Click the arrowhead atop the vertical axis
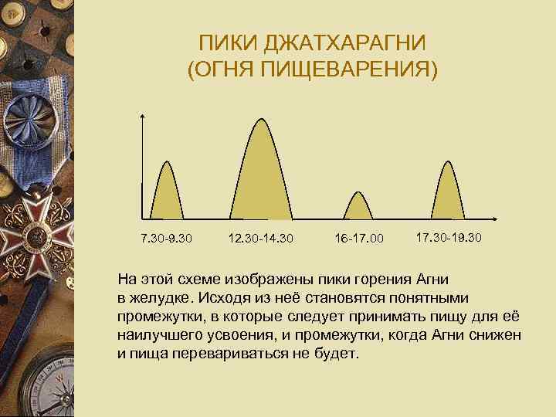[143, 117]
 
